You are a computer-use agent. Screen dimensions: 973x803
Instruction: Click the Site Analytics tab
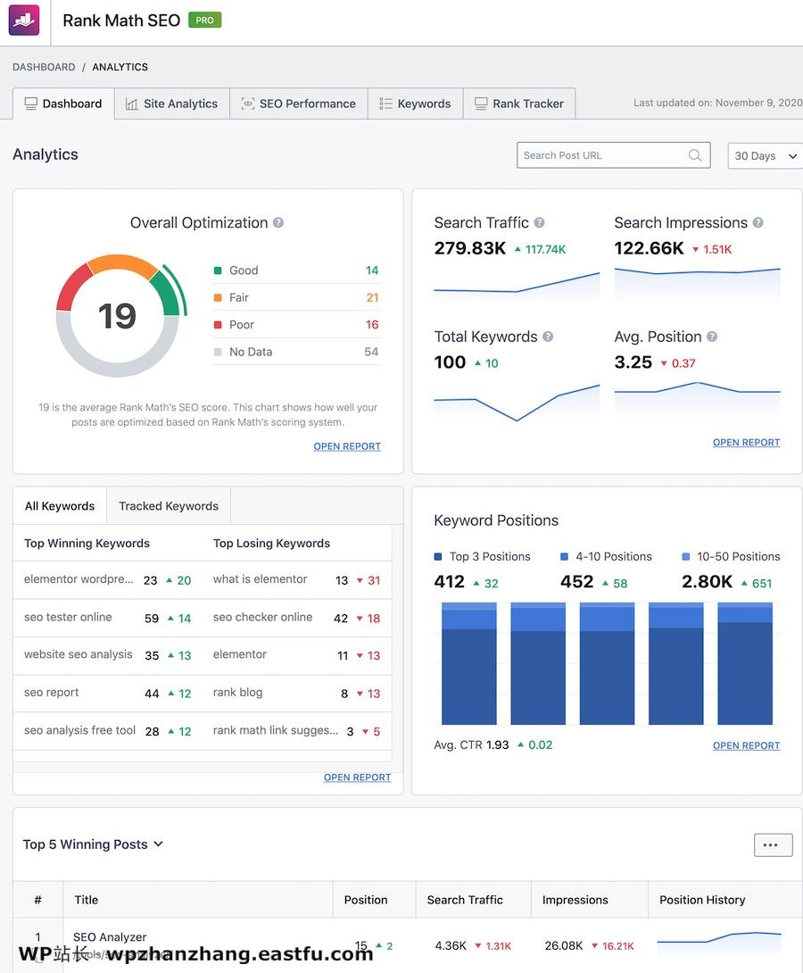171,104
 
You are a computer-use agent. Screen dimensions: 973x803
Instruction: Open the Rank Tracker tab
518,104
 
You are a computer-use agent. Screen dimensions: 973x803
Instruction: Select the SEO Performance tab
298,104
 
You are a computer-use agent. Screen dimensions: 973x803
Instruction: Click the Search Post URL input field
603,155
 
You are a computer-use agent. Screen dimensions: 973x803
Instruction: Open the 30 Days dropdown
765,155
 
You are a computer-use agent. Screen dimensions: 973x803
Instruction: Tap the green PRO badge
204,20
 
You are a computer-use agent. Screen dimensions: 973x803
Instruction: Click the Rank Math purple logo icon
24,20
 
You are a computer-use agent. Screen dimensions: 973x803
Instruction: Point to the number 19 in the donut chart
117,316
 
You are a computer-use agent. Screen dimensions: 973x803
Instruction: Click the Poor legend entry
241,325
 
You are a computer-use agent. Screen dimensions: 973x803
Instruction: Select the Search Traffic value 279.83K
470,248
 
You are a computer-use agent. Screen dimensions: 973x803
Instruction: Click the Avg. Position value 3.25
633,362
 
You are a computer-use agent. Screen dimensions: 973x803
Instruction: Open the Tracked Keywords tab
169,506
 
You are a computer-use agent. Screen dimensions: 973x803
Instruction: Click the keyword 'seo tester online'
68,617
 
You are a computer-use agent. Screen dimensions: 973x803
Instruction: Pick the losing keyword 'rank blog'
237,693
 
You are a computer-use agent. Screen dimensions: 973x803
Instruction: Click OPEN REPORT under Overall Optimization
347,446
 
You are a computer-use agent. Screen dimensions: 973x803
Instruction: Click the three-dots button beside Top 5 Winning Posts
773,844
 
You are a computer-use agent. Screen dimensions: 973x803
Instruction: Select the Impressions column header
575,900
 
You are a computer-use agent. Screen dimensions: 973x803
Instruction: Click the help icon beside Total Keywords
548,337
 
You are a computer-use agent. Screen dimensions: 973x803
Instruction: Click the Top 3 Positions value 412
450,582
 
